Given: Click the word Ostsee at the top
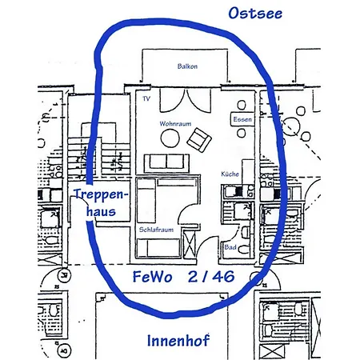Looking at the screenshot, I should (x=254, y=14).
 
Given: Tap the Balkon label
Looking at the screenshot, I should (x=188, y=67).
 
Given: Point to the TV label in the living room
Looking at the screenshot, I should (x=146, y=98).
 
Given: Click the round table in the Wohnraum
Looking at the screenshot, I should (x=170, y=139).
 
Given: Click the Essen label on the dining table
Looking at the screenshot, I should (x=242, y=119).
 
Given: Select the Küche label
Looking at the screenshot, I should (x=230, y=174).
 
